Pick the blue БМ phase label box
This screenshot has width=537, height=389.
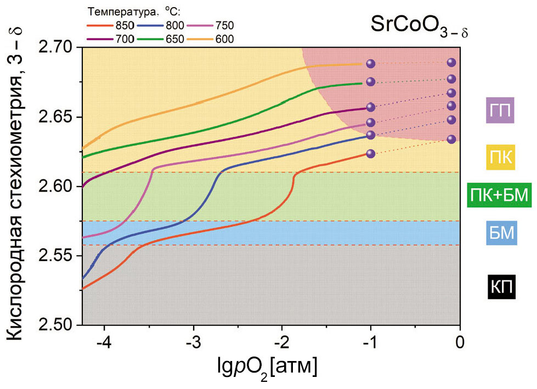point(500,234)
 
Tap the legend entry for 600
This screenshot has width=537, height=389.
point(211,39)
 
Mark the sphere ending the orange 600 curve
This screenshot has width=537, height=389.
point(370,64)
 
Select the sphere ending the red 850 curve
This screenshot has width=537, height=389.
point(370,154)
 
